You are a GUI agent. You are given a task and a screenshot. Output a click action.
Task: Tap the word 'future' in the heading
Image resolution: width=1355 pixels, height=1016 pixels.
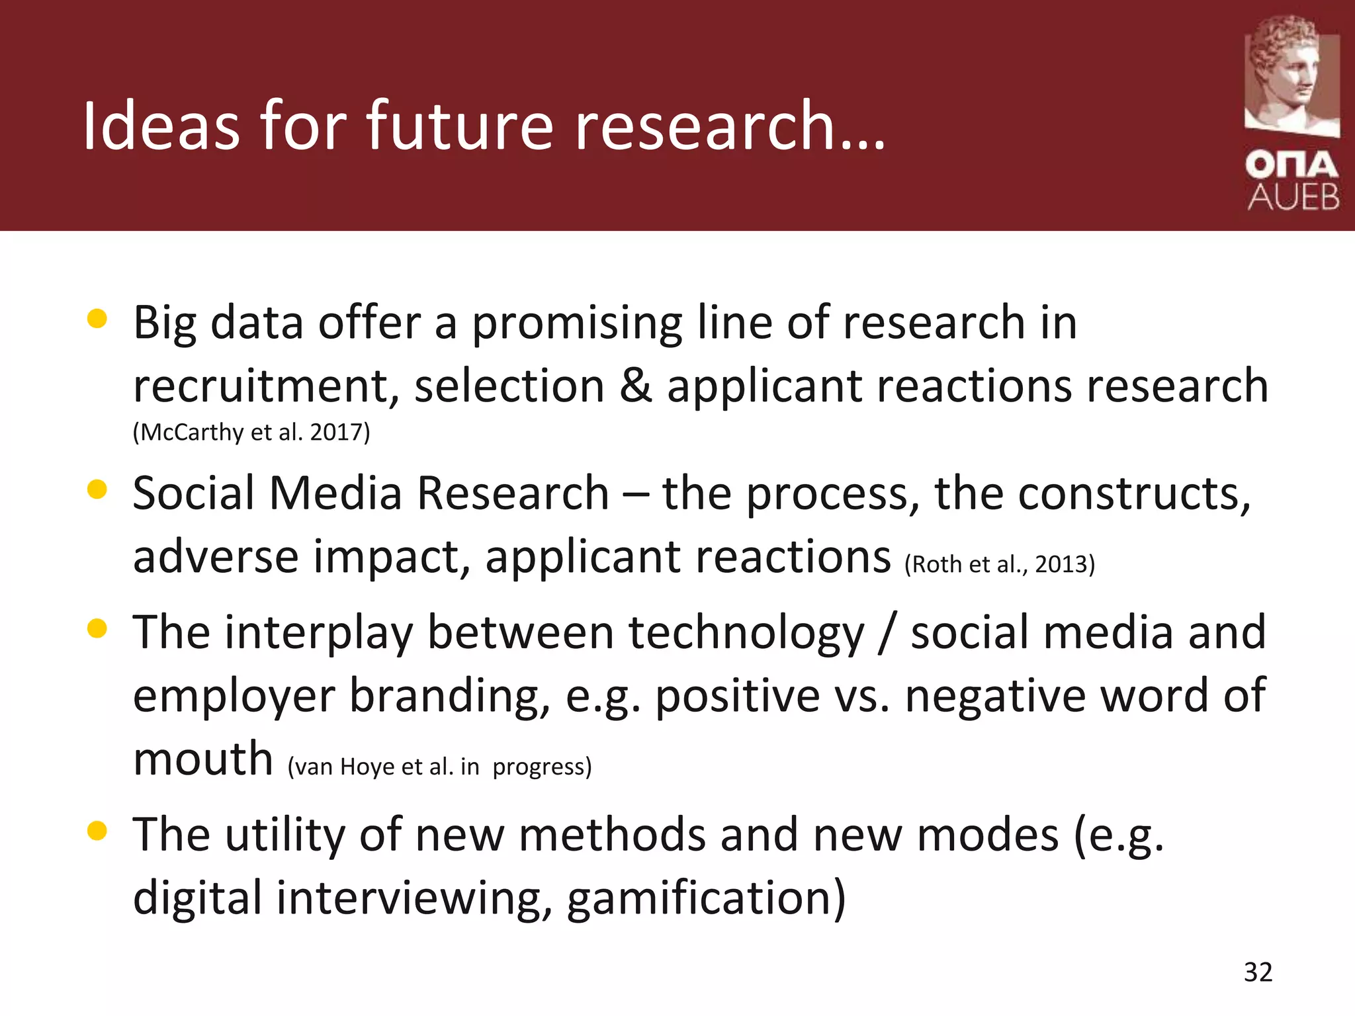click(x=460, y=125)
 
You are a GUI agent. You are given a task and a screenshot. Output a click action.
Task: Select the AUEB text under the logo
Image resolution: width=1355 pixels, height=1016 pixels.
click(x=1293, y=197)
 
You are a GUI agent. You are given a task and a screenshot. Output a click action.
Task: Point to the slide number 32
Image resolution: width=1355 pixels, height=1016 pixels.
click(x=1258, y=972)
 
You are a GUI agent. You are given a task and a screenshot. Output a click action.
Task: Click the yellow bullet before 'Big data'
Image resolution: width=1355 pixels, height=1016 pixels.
click(x=97, y=319)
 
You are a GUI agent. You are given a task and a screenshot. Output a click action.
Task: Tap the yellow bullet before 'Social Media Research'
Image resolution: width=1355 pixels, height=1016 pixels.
click(x=97, y=489)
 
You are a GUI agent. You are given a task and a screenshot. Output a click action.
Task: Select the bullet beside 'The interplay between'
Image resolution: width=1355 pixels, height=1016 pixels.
click(x=97, y=628)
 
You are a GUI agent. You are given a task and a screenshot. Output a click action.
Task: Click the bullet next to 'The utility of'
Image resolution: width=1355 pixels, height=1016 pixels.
click(x=97, y=831)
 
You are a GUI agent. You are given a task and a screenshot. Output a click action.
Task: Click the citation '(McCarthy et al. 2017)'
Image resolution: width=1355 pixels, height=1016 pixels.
click(x=251, y=432)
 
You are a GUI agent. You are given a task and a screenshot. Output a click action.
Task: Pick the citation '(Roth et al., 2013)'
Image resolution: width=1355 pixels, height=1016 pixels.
click(x=1000, y=564)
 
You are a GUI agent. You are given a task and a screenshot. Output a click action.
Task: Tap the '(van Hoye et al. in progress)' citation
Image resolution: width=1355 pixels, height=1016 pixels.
click(x=439, y=767)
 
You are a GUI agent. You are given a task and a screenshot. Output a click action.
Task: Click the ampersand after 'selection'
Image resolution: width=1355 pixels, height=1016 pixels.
click(x=636, y=386)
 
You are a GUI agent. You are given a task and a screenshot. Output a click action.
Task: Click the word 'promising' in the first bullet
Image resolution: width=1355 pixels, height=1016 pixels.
click(x=576, y=323)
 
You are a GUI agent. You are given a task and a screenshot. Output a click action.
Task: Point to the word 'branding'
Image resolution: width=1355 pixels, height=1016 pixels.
click(x=450, y=696)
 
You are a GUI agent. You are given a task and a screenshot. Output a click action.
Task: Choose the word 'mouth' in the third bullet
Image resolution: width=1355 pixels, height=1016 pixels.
click(x=203, y=759)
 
